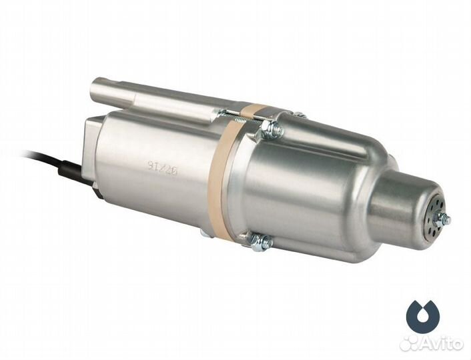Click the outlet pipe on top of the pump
point(153,94)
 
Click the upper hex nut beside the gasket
point(270,128)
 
